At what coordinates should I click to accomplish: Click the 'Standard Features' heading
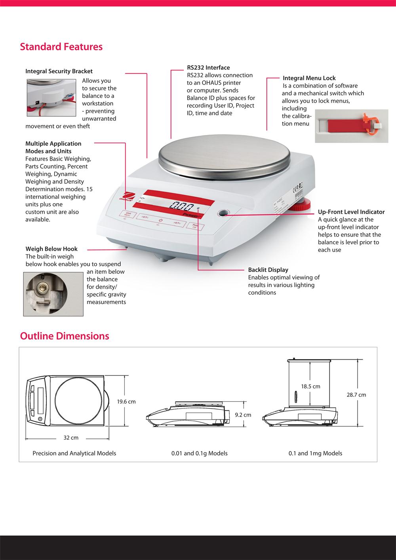click(x=61, y=47)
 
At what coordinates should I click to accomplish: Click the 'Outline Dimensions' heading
click(x=65, y=336)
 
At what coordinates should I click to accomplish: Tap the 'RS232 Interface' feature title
click(x=208, y=68)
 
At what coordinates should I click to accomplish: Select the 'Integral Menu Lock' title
click(x=309, y=78)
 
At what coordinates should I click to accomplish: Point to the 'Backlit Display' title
click(x=268, y=270)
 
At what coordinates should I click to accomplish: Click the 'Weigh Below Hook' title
click(x=51, y=249)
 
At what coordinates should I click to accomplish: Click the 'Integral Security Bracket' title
click(x=59, y=71)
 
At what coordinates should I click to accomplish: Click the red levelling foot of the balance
click(x=303, y=206)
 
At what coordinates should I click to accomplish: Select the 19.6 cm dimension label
click(x=126, y=402)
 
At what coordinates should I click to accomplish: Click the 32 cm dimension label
click(x=71, y=438)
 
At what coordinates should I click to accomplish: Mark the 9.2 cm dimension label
click(x=243, y=415)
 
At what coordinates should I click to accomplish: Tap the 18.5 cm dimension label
click(x=310, y=386)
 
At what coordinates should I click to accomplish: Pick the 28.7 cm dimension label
click(x=356, y=394)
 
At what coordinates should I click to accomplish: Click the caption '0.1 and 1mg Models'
click(x=315, y=453)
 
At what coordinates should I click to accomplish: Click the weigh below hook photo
click(x=53, y=294)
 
